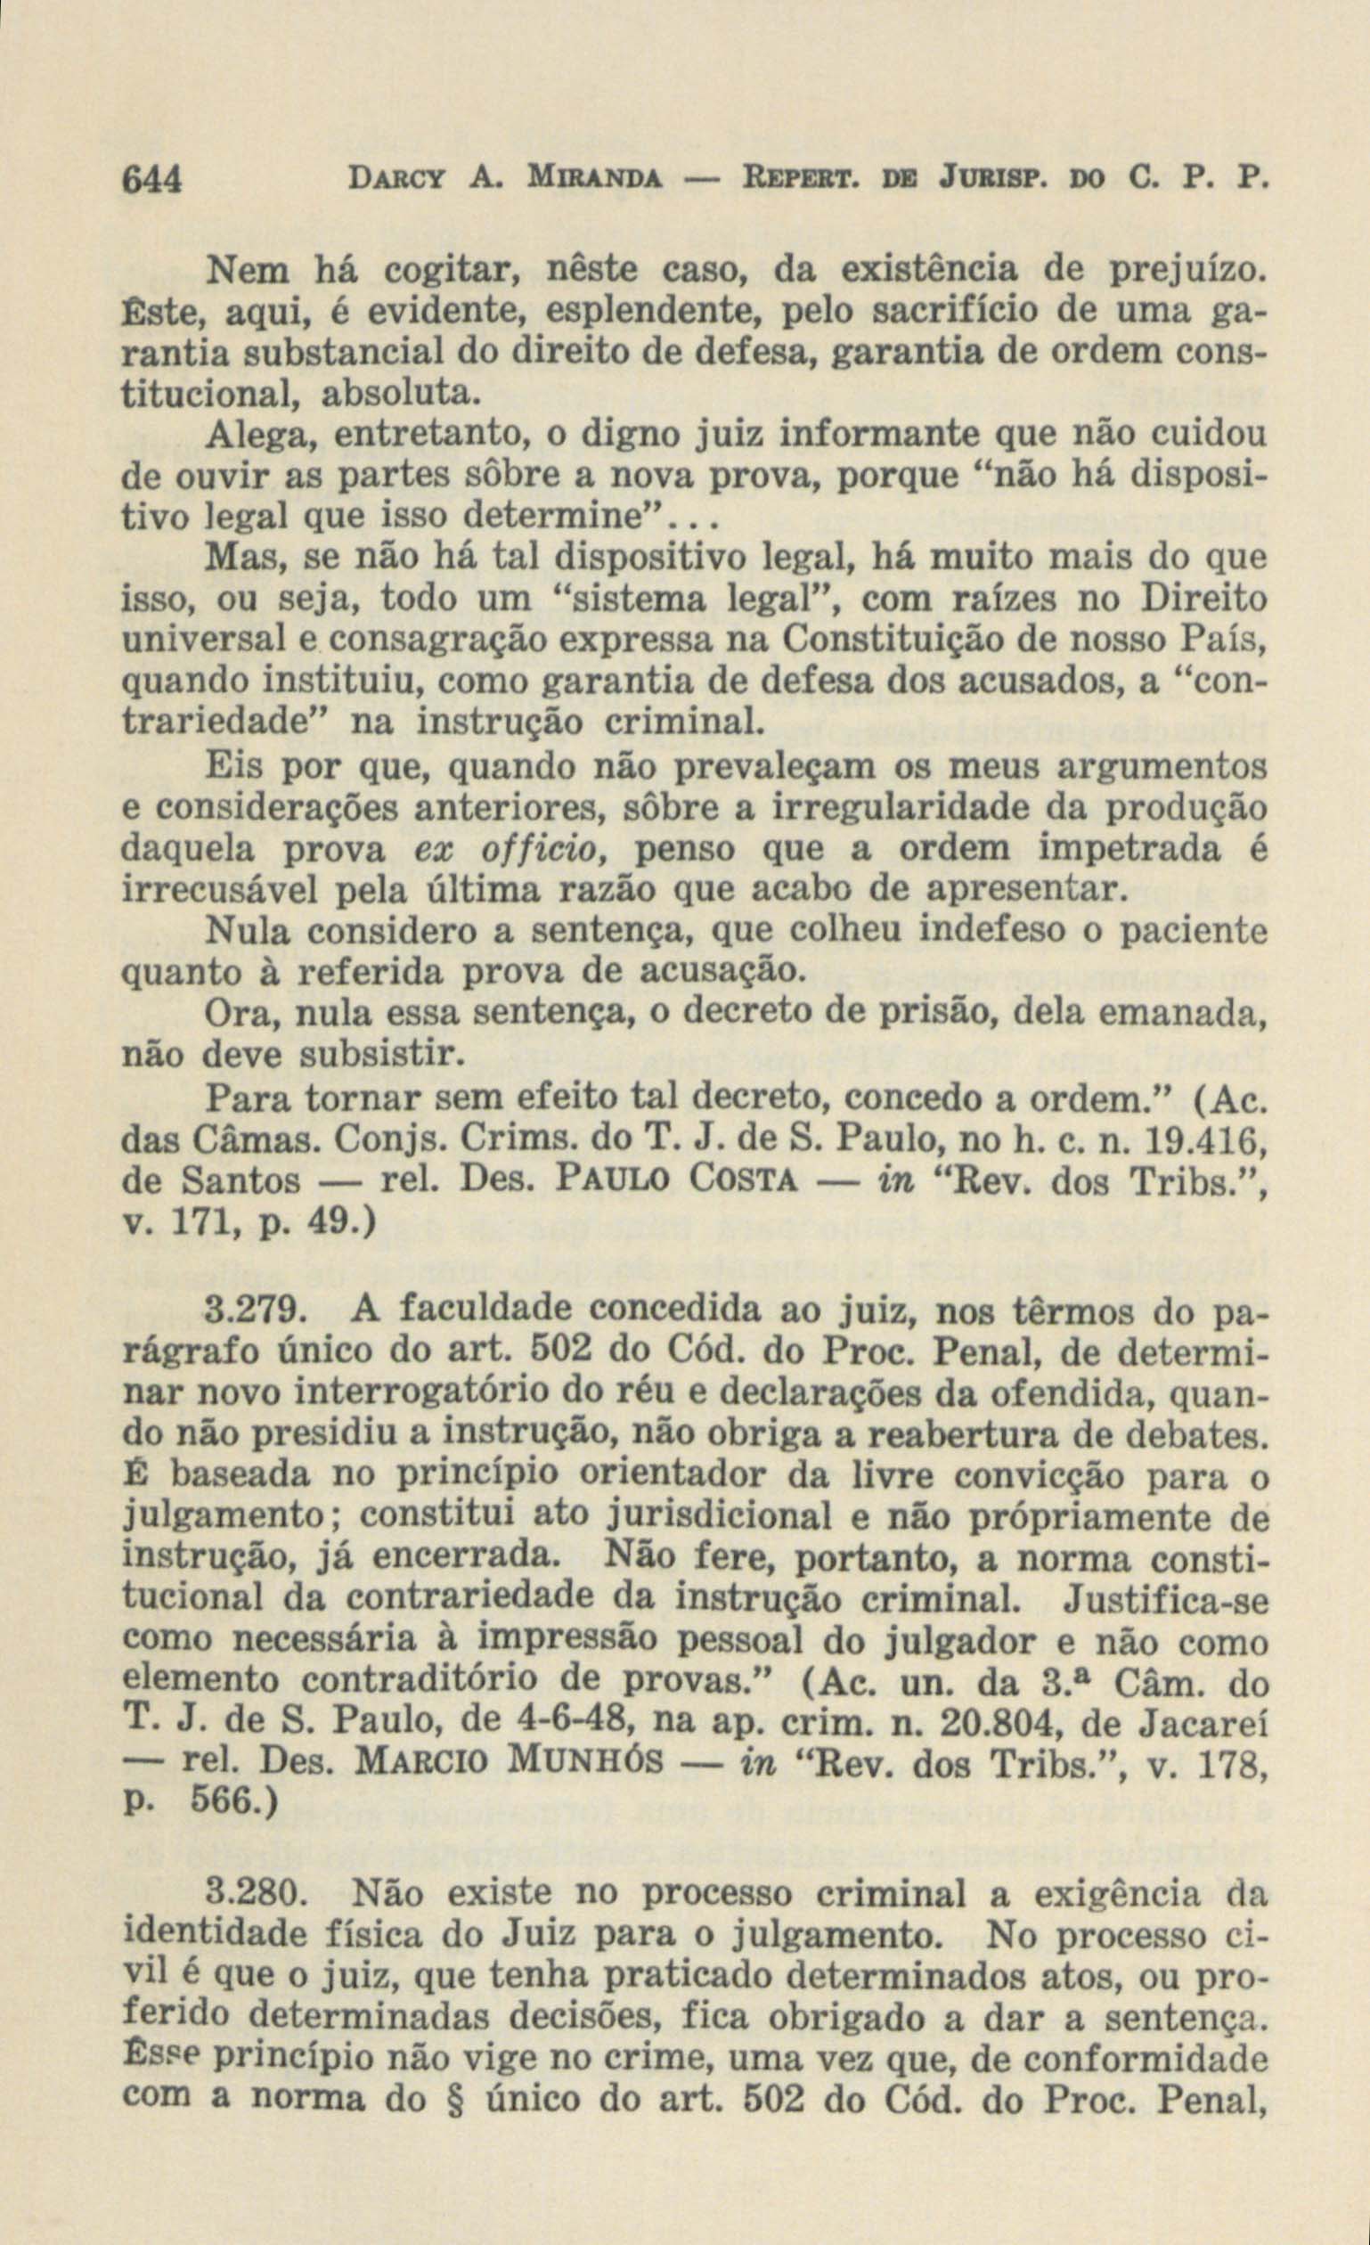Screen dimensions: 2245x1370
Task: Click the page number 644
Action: pos(153,176)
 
